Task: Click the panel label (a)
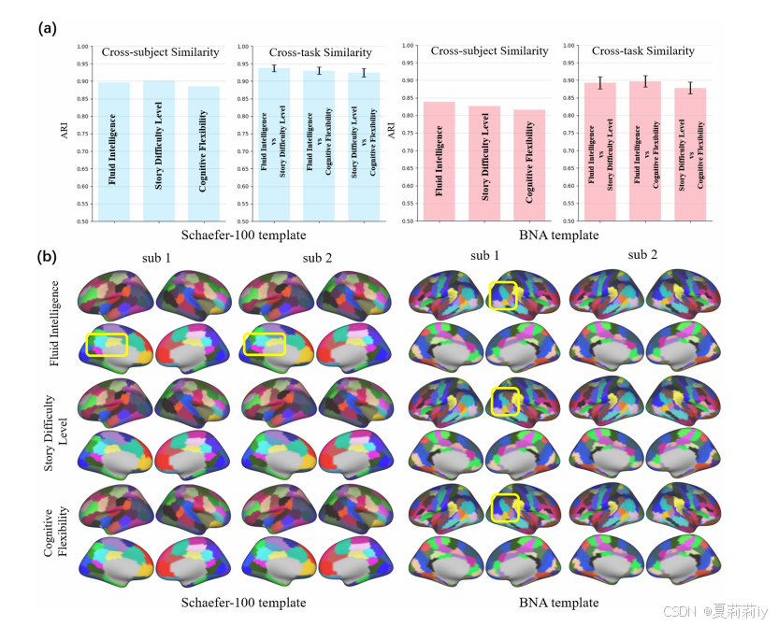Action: [47, 29]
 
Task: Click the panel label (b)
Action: [47, 255]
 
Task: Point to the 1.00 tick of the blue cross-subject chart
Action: [82, 47]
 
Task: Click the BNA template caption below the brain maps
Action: [558, 603]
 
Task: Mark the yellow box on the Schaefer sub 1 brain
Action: [107, 345]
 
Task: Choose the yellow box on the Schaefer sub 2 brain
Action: [265, 345]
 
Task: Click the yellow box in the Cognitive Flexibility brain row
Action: [504, 509]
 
